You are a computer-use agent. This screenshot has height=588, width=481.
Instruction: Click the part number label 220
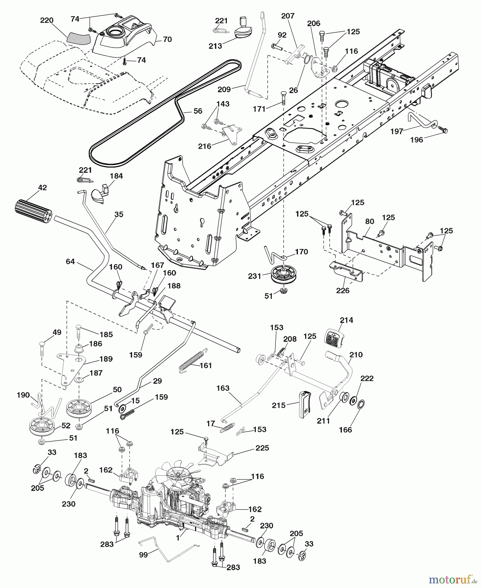[x=47, y=21]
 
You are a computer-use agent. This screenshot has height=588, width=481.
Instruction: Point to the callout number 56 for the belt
[x=198, y=111]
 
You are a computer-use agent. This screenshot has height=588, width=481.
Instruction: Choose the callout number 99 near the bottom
[x=144, y=555]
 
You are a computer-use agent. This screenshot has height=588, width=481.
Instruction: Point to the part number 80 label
[x=369, y=221]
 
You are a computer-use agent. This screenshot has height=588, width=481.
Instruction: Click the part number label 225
[x=262, y=448]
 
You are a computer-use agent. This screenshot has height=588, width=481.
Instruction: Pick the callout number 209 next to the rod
[x=224, y=89]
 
